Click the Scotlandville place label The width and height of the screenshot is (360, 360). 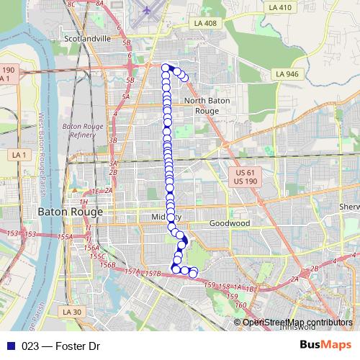87,38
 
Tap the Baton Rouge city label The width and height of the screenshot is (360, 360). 71,214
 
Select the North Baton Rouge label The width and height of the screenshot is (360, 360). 207,106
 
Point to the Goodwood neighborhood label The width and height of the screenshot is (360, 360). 229,224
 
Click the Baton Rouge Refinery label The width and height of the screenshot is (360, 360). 85,130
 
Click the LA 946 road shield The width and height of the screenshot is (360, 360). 287,73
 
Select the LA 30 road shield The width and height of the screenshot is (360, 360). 72,312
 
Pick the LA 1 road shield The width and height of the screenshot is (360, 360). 19,156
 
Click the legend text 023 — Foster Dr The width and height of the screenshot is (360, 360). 60,346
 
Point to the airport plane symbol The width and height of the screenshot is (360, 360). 147,11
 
